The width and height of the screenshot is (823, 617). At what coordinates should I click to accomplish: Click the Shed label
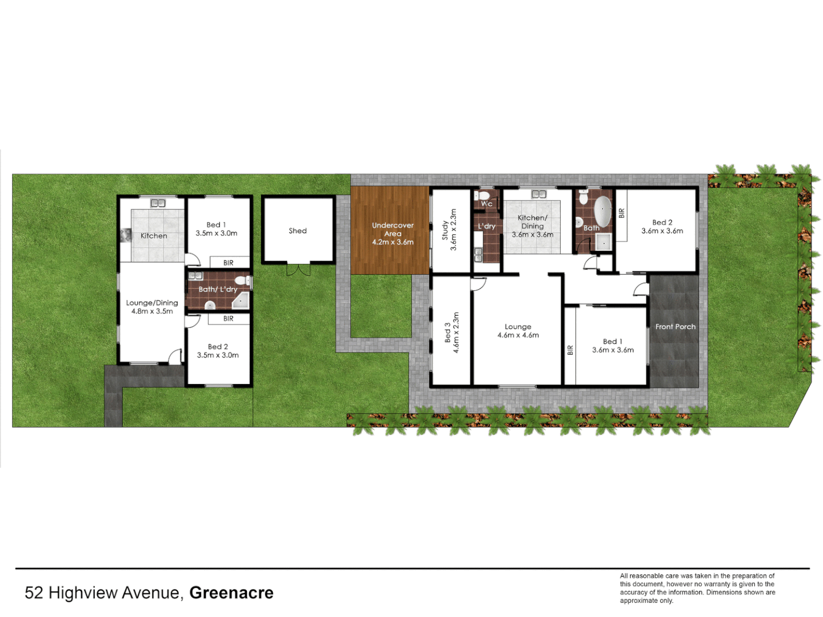[297, 231]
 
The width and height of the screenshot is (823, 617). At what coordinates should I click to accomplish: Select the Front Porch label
[676, 327]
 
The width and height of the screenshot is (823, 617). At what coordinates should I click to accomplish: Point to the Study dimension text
[454, 230]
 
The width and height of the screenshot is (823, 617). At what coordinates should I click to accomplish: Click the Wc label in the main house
[486, 204]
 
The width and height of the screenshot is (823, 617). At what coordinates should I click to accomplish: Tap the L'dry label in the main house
[487, 226]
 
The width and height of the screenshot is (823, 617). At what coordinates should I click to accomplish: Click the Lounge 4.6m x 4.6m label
[518, 331]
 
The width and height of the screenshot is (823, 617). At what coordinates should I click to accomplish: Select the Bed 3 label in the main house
[448, 332]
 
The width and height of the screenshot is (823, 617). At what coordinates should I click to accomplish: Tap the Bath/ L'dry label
[218, 290]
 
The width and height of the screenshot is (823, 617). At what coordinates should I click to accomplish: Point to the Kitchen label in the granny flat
[154, 236]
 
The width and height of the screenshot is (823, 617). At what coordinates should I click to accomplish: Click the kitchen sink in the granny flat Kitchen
[158, 203]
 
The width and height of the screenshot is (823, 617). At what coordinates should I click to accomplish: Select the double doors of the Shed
[298, 269]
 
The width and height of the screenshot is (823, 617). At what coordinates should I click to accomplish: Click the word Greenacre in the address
[231, 593]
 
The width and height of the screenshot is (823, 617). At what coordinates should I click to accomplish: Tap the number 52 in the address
[34, 593]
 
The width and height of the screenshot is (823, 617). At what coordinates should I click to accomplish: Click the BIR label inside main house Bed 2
[622, 213]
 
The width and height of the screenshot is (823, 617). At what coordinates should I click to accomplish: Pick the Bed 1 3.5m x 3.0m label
[216, 229]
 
